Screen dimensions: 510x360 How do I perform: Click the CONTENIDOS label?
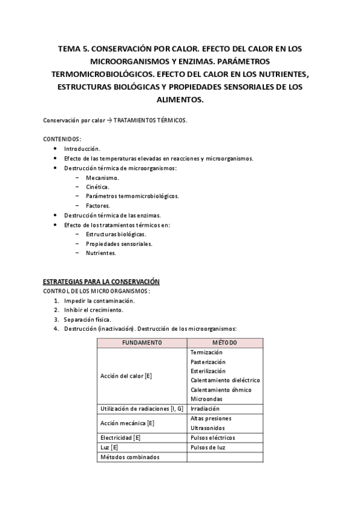point(63,139)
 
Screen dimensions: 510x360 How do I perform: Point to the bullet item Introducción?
point(82,149)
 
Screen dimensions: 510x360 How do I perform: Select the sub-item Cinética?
point(97,187)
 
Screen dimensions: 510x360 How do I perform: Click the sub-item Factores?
point(97,205)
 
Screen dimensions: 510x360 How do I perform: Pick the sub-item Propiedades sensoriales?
point(119,244)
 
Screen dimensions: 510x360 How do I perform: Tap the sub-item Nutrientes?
point(101,253)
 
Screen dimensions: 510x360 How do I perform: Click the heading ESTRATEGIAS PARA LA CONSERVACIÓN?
point(101,281)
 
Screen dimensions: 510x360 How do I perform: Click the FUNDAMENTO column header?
point(142,343)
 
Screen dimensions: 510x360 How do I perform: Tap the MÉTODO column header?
point(224,343)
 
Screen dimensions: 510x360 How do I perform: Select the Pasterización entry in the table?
point(208,362)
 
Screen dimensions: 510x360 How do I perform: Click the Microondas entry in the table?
point(206,399)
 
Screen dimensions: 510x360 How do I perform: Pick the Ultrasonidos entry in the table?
point(207,428)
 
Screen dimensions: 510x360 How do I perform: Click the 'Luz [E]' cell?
point(109,447)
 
